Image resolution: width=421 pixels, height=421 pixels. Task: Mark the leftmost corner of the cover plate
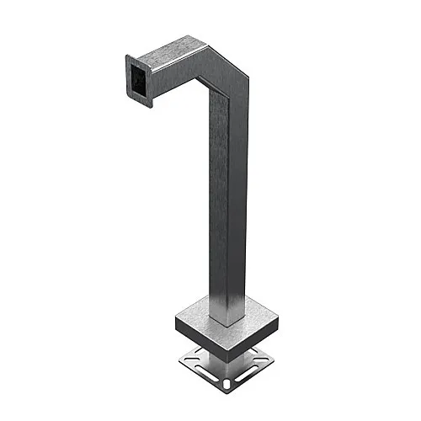tap(173, 318)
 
